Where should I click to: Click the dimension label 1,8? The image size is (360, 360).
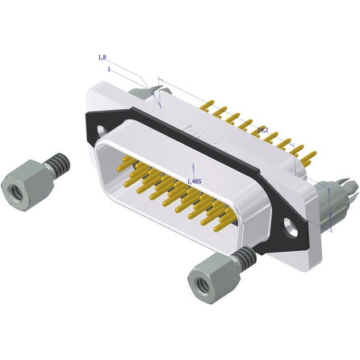(102, 57)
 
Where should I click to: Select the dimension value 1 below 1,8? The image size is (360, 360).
(107, 69)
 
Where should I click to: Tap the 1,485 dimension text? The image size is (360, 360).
(194, 182)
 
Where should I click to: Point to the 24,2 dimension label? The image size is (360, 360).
(262, 129)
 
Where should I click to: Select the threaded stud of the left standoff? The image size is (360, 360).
(57, 165)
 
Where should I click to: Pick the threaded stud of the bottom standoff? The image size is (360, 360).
(243, 258)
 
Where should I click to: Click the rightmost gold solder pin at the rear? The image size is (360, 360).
(311, 153)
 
